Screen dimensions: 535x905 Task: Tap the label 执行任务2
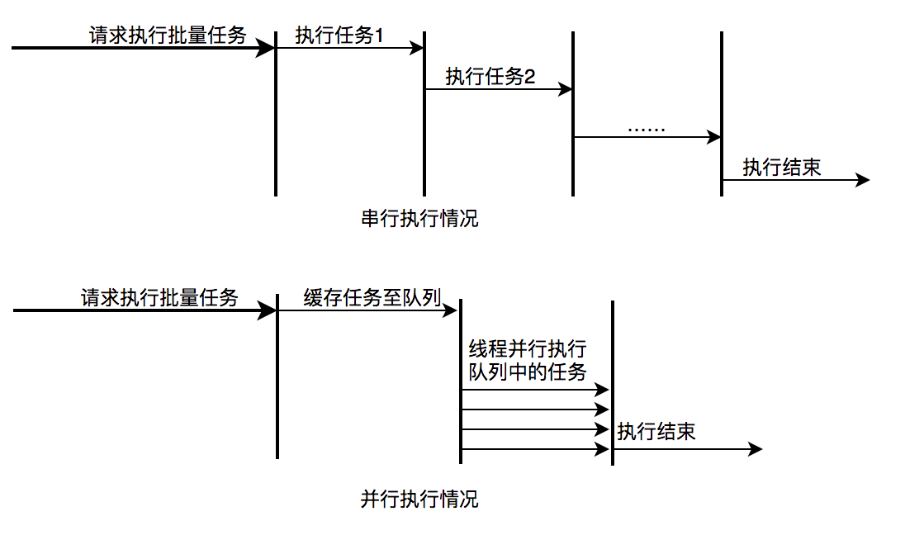coord(490,77)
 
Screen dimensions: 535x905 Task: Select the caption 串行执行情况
coord(419,219)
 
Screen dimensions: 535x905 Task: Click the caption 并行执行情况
coord(419,499)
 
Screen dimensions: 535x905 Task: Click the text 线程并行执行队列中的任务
coord(528,360)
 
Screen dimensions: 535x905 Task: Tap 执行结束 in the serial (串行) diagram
coord(782,168)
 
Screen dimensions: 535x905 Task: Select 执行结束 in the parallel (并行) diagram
coord(656,431)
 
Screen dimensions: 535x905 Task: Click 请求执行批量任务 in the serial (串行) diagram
coord(168,36)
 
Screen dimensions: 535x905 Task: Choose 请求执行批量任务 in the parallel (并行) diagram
coord(159,298)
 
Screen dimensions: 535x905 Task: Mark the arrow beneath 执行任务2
coord(499,89)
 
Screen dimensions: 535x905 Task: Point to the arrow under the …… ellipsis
coord(647,137)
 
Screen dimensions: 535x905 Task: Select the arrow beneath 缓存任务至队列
coord(367,311)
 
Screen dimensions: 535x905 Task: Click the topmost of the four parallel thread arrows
coord(535,389)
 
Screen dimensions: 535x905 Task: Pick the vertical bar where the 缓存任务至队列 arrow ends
coord(461,380)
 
